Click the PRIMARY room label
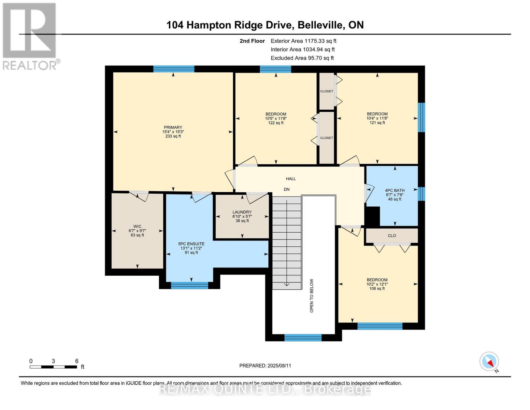(173, 127)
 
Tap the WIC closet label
(137, 226)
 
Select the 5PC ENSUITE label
(191, 244)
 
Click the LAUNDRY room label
(242, 212)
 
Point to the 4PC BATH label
(395, 191)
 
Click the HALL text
(291, 179)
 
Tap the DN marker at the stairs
(287, 189)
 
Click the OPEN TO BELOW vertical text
(312, 296)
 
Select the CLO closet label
(392, 236)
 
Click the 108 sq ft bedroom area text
(377, 289)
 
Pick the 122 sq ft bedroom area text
(276, 123)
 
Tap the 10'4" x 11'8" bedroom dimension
(377, 118)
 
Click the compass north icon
(489, 361)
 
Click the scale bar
(53, 367)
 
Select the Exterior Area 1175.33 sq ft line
(303, 41)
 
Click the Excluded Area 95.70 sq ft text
(302, 58)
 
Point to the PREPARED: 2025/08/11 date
(265, 366)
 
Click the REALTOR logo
(30, 36)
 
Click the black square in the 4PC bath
(373, 216)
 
